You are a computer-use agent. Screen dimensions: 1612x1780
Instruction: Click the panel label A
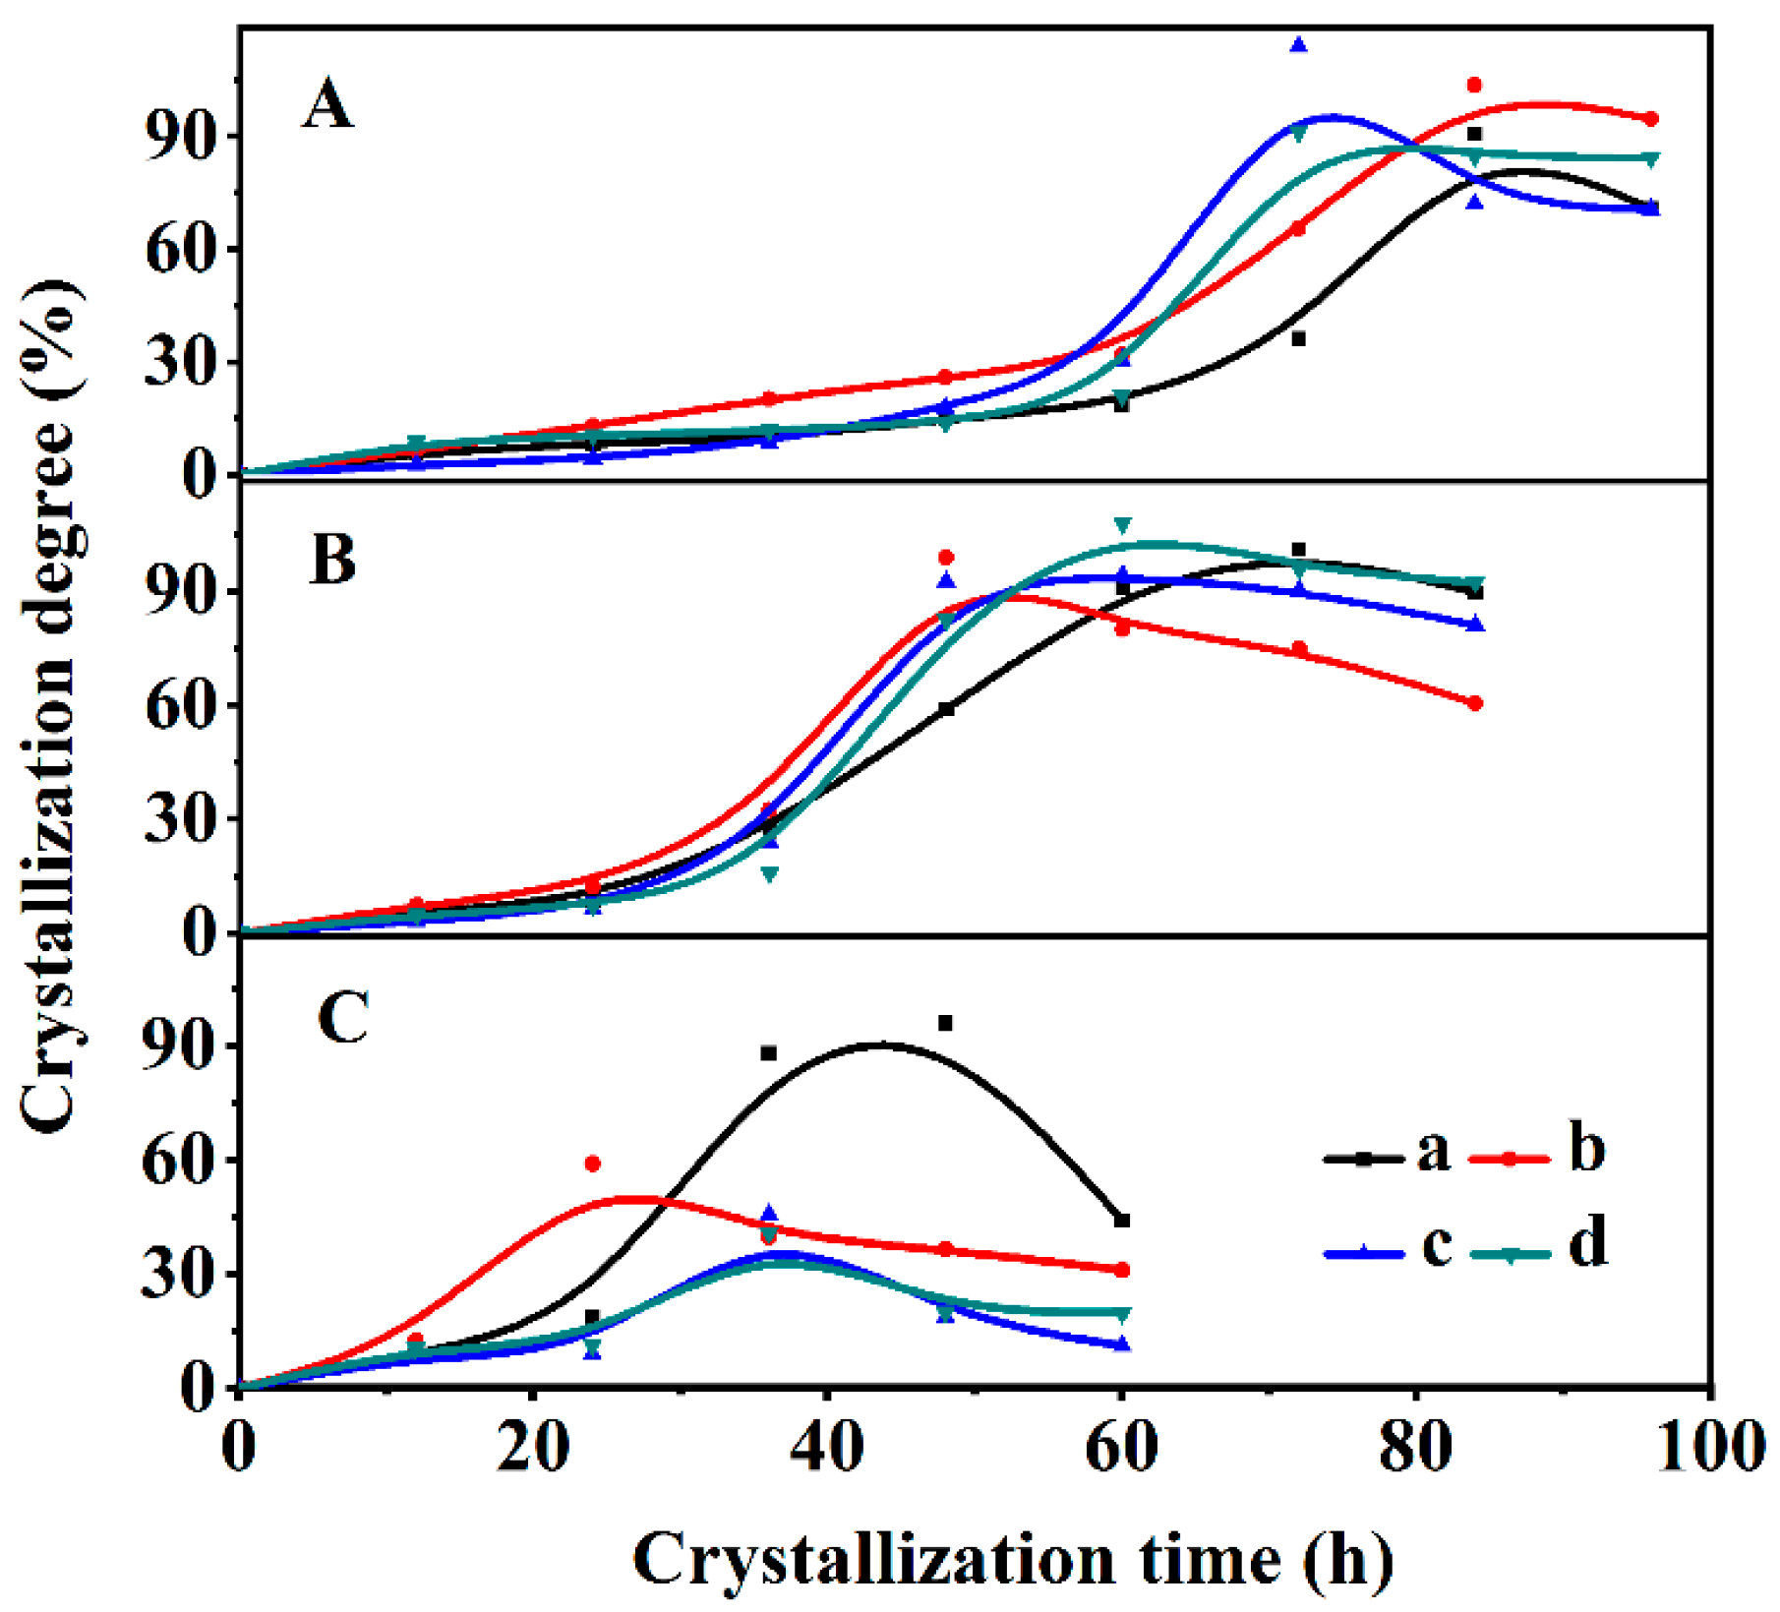point(327,105)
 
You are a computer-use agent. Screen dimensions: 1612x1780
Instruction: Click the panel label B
point(332,560)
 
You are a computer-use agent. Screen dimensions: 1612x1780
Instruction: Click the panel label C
point(343,1018)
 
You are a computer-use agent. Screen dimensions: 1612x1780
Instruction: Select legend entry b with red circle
point(1539,1150)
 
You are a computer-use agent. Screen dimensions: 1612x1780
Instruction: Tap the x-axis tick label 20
point(532,1449)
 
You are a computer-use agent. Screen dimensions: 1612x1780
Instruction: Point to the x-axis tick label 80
point(1414,1449)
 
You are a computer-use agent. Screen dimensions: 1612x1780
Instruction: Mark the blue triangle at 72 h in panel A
point(1298,45)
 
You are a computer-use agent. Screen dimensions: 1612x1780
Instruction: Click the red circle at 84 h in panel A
point(1473,86)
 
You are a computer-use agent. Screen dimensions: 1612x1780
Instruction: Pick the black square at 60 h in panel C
point(1122,1221)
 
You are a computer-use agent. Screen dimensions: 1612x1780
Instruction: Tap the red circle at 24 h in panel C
point(592,1164)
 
